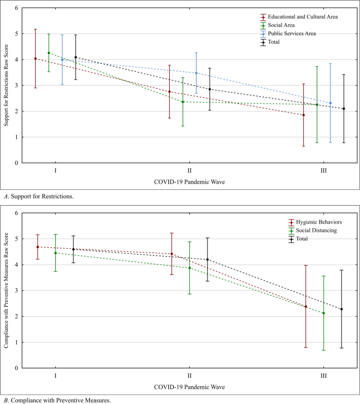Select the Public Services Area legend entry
294,34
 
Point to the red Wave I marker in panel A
35,58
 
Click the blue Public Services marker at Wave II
197,73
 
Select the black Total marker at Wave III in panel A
344,109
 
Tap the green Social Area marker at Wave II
183,102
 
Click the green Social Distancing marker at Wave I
55,253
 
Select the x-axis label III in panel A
323,171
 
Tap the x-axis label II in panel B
189,376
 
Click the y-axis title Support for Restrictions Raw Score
6,86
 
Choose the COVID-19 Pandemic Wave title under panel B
189,387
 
